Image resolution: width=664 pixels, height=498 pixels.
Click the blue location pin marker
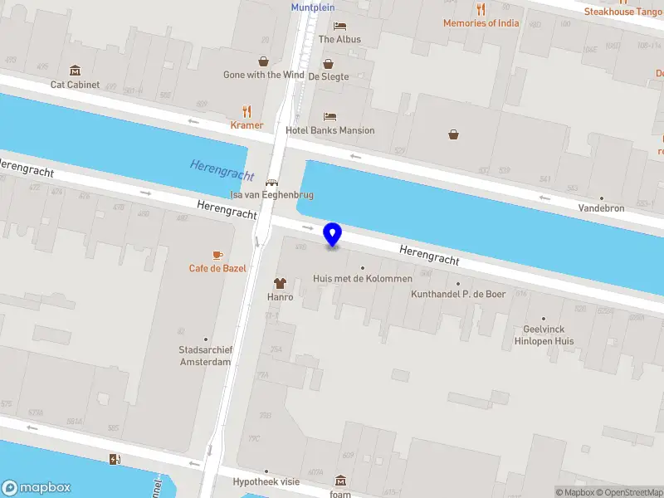pos(333,234)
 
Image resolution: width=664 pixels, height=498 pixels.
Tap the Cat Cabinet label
pos(75,85)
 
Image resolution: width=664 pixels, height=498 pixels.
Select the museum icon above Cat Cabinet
pos(76,70)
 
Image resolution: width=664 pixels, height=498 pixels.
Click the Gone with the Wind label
pos(263,75)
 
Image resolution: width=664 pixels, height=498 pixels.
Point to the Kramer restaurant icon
pos(247,111)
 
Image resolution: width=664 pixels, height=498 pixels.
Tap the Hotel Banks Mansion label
pos(330,130)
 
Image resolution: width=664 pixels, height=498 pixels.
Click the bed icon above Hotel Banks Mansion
pos(330,116)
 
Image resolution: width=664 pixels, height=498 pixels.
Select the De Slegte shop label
pos(329,76)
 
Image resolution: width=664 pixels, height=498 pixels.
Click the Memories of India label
pos(481,23)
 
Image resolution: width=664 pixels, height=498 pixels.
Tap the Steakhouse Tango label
pos(622,12)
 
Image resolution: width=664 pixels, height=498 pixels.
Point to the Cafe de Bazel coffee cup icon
pos(217,254)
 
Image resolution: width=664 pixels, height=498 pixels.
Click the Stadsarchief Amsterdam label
pos(205,356)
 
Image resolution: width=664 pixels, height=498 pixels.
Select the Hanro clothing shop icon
pos(280,283)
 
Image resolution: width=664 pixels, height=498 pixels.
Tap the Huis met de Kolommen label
pos(362,279)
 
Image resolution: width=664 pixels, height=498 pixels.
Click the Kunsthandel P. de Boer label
pos(458,294)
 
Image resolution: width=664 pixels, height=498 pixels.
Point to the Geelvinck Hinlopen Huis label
pos(544,334)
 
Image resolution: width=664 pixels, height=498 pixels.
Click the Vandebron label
pos(601,208)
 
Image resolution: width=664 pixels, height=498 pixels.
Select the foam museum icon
pos(340,481)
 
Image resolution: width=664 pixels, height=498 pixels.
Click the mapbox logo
pos(37,488)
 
